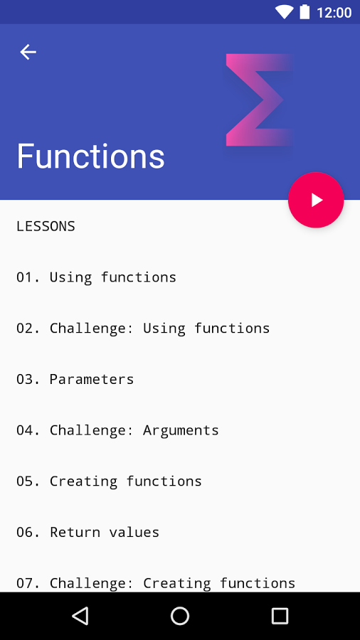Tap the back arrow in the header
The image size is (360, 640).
click(28, 52)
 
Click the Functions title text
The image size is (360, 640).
click(90, 156)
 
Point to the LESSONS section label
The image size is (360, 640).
click(46, 226)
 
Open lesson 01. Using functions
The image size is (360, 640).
click(96, 277)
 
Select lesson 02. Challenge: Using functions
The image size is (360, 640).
click(143, 328)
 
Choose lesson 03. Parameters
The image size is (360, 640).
click(75, 379)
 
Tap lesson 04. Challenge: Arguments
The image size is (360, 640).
click(117, 430)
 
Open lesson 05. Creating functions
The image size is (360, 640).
click(109, 481)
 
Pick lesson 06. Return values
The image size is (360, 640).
click(88, 532)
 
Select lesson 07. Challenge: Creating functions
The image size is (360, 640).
click(156, 583)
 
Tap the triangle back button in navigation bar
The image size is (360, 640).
click(80, 616)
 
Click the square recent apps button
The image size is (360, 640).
click(280, 616)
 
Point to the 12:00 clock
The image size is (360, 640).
click(334, 13)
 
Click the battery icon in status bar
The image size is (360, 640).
click(305, 12)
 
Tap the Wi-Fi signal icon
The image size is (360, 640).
click(284, 12)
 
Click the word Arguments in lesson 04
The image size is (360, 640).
click(181, 431)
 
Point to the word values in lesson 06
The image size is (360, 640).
click(134, 532)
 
